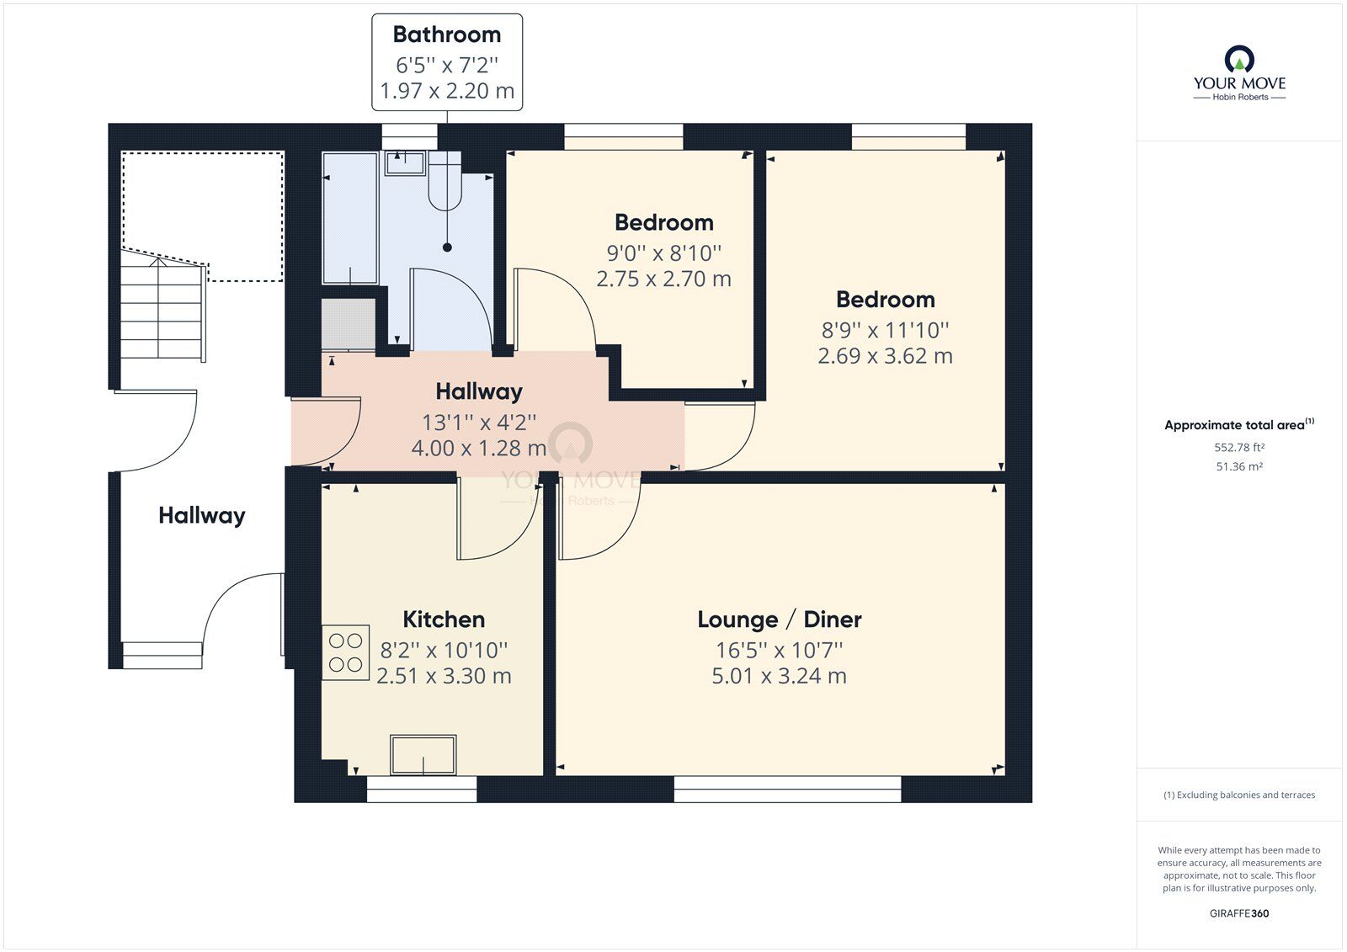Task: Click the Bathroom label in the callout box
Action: click(447, 35)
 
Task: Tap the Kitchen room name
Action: click(444, 620)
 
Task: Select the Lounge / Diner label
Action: click(780, 620)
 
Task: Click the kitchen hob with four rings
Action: click(345, 652)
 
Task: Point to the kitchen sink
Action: click(423, 755)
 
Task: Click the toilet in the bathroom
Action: click(445, 180)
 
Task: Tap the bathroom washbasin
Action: click(405, 163)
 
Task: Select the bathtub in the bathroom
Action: click(350, 218)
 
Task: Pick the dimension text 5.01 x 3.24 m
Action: click(780, 676)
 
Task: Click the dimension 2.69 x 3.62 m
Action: click(885, 356)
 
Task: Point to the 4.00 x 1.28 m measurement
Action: click(479, 448)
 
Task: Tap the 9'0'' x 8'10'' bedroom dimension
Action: click(664, 253)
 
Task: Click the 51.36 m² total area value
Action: click(1239, 466)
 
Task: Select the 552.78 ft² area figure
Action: click(1239, 448)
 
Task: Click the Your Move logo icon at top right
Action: click(1239, 60)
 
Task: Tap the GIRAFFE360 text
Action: click(1239, 913)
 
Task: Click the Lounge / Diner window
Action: click(787, 789)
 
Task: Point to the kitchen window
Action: click(422, 789)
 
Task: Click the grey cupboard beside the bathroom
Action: click(349, 324)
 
